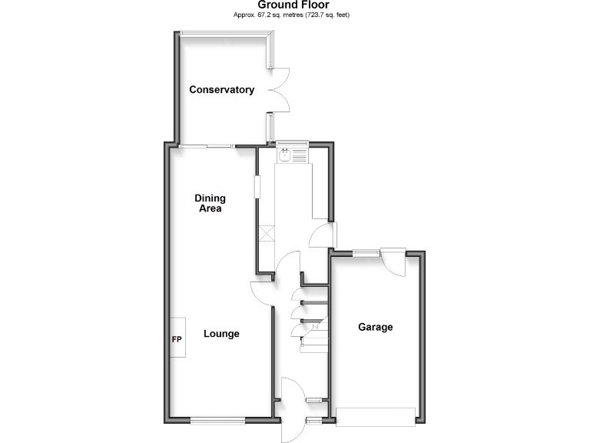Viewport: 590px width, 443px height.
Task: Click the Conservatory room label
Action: click(222, 90)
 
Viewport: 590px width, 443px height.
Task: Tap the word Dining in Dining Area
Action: click(210, 198)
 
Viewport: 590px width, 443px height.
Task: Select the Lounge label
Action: click(221, 334)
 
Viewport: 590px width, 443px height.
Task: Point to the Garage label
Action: click(376, 327)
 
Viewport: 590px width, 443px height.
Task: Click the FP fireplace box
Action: click(177, 339)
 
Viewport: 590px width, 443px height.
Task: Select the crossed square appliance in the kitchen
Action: click(267, 233)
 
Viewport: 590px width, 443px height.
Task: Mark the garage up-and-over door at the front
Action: click(376, 416)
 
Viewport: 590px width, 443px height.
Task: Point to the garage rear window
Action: click(366, 252)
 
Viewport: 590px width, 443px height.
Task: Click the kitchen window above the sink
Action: click(292, 142)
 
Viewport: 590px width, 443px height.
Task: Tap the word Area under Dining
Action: click(210, 208)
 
